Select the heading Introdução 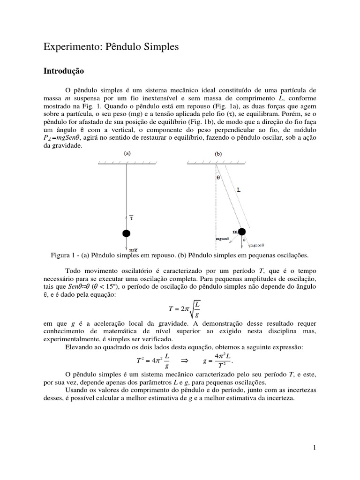pyautogui.click(x=63, y=71)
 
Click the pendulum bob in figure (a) pyautogui.click(x=126, y=233)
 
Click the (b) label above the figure pyautogui.click(x=219, y=153)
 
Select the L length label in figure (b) pyautogui.click(x=239, y=190)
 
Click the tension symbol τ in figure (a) pyautogui.click(x=132, y=217)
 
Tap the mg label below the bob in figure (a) pyautogui.click(x=133, y=250)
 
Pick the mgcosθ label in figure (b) pyautogui.click(x=257, y=245)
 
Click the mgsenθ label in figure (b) pyautogui.click(x=223, y=239)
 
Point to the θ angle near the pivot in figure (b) pyautogui.click(x=218, y=178)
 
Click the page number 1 pyautogui.click(x=315, y=448)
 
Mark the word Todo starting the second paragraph pyautogui.click(x=73, y=271)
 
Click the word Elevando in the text pyautogui.click(x=79, y=346)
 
